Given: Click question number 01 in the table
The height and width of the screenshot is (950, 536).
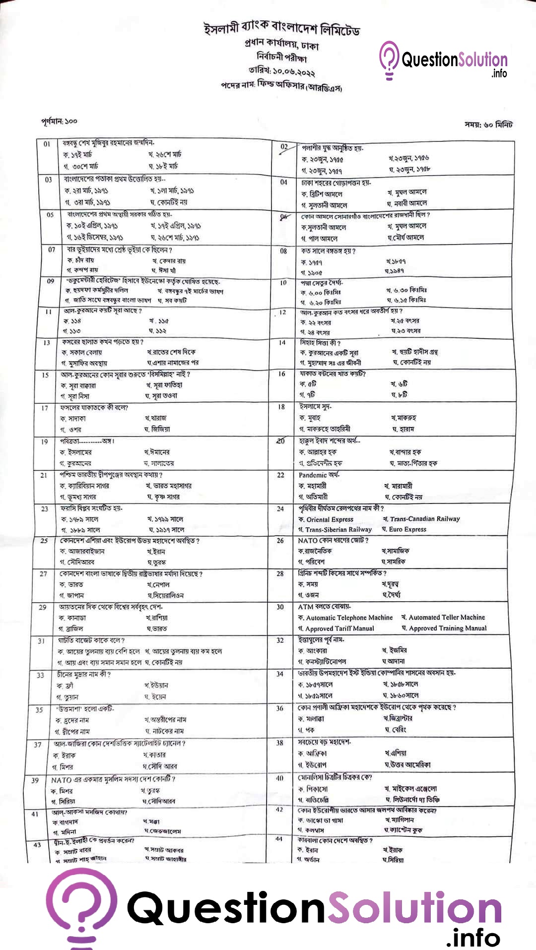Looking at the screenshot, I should (x=47, y=144).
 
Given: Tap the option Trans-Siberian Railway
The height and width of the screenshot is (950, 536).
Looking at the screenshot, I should (x=338, y=529).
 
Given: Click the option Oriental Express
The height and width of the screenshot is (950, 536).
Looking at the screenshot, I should (x=330, y=519).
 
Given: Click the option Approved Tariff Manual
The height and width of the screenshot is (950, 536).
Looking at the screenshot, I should (x=339, y=628).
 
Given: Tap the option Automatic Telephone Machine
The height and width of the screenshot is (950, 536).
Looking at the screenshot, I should (x=349, y=618).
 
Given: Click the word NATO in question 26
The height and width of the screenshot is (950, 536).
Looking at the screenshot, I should (x=308, y=540).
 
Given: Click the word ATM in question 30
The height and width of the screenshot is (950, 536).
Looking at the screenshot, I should (x=306, y=607).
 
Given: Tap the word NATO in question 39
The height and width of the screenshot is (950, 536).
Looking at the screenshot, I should (x=62, y=780).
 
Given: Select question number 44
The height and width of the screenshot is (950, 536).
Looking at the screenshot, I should (x=279, y=839).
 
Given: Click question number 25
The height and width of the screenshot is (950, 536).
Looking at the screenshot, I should (x=44, y=541).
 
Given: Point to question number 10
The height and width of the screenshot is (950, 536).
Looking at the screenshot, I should (x=283, y=283).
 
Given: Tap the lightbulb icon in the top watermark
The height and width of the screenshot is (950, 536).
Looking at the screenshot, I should (x=389, y=60).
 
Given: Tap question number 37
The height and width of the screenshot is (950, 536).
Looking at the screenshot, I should (x=38, y=744).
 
